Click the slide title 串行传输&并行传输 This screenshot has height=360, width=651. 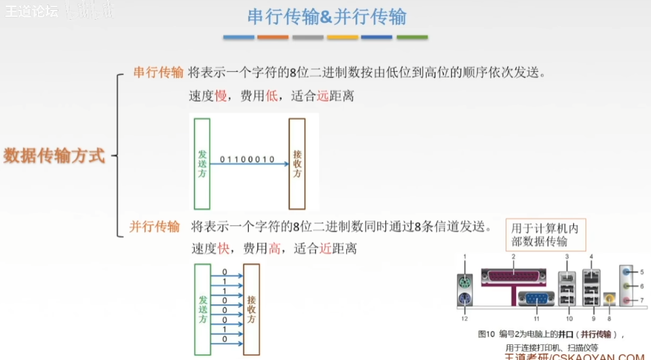click(325, 16)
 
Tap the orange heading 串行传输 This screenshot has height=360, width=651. click(158, 72)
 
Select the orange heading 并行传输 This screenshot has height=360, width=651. click(155, 226)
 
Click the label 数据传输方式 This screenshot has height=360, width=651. click(54, 156)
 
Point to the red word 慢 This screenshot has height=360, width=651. click(221, 96)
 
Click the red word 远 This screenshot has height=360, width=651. click(322, 96)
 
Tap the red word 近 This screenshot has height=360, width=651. click(325, 249)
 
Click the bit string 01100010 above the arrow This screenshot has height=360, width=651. click(248, 159)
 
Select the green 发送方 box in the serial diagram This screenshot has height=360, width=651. click(202, 164)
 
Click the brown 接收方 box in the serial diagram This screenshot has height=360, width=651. click(297, 164)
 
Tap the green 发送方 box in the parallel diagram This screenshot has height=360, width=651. click(202, 309)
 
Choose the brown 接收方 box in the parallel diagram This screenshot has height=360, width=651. click(251, 309)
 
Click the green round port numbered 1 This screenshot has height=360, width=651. click(464, 283)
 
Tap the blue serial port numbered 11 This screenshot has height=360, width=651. click(536, 298)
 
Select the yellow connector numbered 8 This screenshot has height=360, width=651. click(610, 299)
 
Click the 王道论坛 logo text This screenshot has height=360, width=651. click(31, 11)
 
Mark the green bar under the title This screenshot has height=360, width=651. click(412, 37)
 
